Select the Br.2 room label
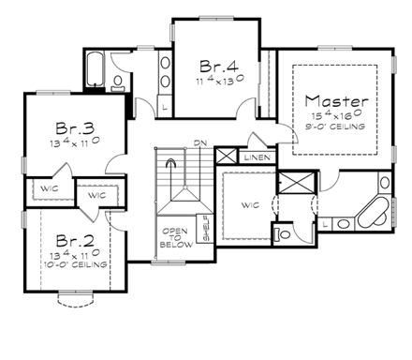point(72,240)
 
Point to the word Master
point(337,99)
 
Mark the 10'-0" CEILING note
point(77,265)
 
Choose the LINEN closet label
point(256,157)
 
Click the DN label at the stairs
point(199,143)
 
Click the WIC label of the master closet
point(249,205)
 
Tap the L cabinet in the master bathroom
point(324,225)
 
